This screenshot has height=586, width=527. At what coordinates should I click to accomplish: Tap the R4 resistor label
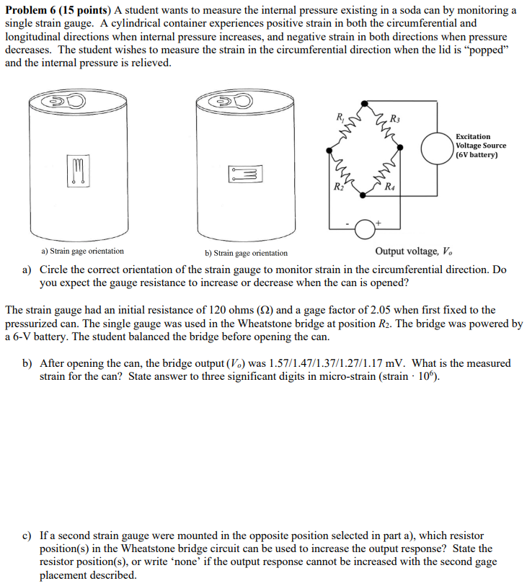[x=389, y=189]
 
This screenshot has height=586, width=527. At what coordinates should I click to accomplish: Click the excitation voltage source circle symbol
[x=437, y=148]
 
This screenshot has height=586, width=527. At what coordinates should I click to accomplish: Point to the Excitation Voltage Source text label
[x=480, y=145]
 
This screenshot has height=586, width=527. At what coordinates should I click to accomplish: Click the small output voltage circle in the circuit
[x=366, y=228]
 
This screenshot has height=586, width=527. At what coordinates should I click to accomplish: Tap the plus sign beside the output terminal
[x=377, y=224]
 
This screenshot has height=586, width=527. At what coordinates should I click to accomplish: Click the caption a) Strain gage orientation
[x=82, y=252]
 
